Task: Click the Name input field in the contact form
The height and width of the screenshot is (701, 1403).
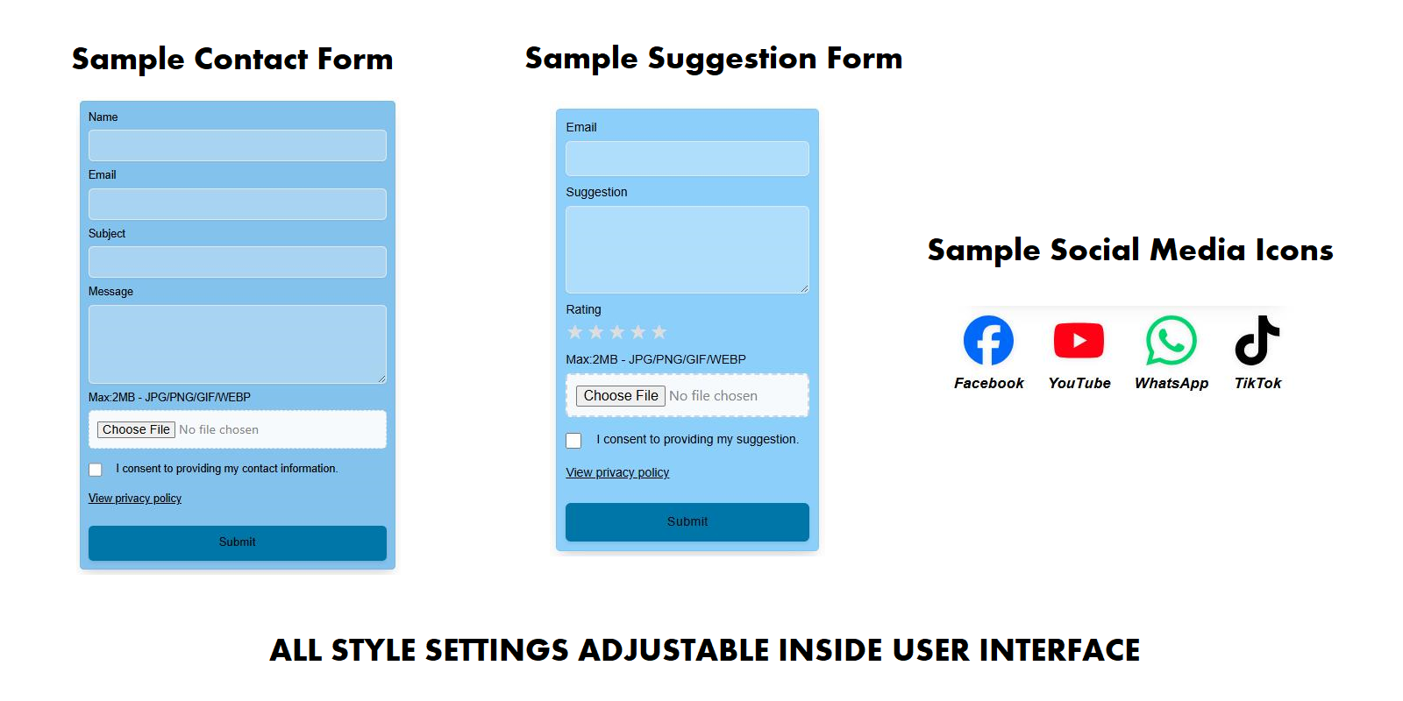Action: tap(238, 145)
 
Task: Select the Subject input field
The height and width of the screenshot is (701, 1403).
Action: tap(238, 262)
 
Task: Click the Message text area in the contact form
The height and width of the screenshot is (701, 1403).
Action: tap(238, 344)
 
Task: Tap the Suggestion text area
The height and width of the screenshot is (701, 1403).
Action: tap(687, 250)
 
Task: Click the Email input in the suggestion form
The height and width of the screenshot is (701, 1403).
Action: tap(687, 159)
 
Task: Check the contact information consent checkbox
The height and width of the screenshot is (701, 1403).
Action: tap(96, 470)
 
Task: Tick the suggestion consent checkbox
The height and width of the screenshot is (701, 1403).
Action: tap(573, 441)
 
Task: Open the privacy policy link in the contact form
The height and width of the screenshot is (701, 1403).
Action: tap(135, 499)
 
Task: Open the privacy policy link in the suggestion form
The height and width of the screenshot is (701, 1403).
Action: tap(617, 472)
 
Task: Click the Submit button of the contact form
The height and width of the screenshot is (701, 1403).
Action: tap(238, 542)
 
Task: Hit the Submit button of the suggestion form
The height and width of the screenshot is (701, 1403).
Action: tap(687, 522)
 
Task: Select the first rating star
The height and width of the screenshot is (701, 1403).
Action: tap(575, 332)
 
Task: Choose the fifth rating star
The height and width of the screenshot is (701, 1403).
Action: tap(659, 332)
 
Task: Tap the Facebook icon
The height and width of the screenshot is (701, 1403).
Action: tap(988, 340)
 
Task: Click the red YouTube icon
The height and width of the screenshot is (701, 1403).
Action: tap(1079, 341)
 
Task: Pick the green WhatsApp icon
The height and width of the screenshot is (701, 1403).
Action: tap(1172, 340)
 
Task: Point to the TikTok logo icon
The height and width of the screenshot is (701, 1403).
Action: tap(1257, 340)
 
